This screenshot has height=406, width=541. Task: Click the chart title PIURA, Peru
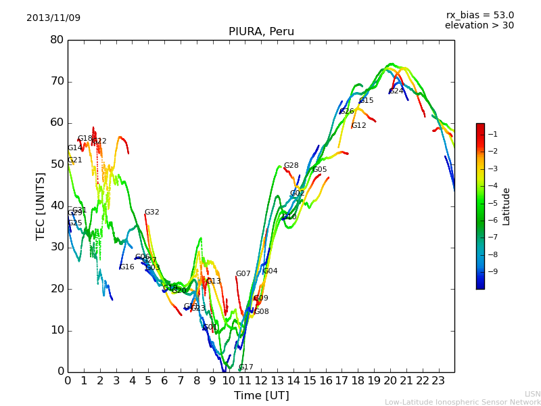[x=261, y=32]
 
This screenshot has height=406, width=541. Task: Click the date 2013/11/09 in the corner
[x=53, y=18]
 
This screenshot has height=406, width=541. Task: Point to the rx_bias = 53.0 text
[x=479, y=15]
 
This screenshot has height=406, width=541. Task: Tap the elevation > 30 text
[x=479, y=26]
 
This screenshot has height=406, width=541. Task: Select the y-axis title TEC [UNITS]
[x=41, y=206]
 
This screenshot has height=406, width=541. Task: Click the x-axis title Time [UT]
[x=261, y=395]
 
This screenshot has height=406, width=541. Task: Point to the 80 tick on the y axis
[x=57, y=40]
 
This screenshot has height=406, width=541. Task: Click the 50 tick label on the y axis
[x=57, y=164]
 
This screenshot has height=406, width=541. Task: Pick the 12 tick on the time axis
[x=261, y=381]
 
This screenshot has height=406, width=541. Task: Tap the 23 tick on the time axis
[x=438, y=381]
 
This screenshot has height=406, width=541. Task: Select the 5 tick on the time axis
[x=148, y=381]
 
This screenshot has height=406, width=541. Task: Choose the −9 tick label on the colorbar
[x=492, y=271]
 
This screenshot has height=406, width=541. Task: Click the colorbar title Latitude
[x=507, y=206]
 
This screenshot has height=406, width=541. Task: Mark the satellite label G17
[x=245, y=367]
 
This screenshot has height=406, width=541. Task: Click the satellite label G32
[x=151, y=212]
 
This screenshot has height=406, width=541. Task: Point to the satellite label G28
[x=291, y=166]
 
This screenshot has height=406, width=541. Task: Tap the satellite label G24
[x=396, y=91]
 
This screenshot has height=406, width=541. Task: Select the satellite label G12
[x=358, y=126]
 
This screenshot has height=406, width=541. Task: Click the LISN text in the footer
[x=532, y=394]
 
